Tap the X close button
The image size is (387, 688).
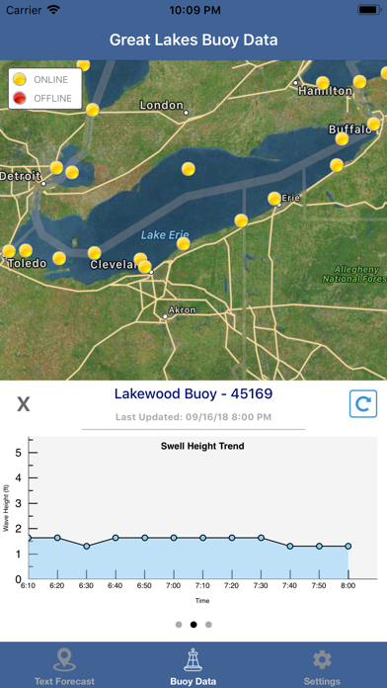[x=24, y=404]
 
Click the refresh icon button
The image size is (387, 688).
[x=363, y=404]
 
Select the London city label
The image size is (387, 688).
[x=162, y=105]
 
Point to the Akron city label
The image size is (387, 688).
[x=182, y=310]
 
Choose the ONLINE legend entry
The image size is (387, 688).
[x=48, y=79]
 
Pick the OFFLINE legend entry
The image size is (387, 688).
[x=48, y=97]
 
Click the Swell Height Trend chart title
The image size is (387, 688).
[x=202, y=446]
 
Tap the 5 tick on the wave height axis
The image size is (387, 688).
[x=18, y=452]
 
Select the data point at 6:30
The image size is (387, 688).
[x=87, y=546]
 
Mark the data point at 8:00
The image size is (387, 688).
[x=348, y=546]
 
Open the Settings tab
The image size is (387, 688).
[x=322, y=667]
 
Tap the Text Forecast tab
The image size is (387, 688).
[x=64, y=667]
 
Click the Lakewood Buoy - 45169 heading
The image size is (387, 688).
[x=193, y=393]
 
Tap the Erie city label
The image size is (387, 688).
[x=290, y=199]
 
